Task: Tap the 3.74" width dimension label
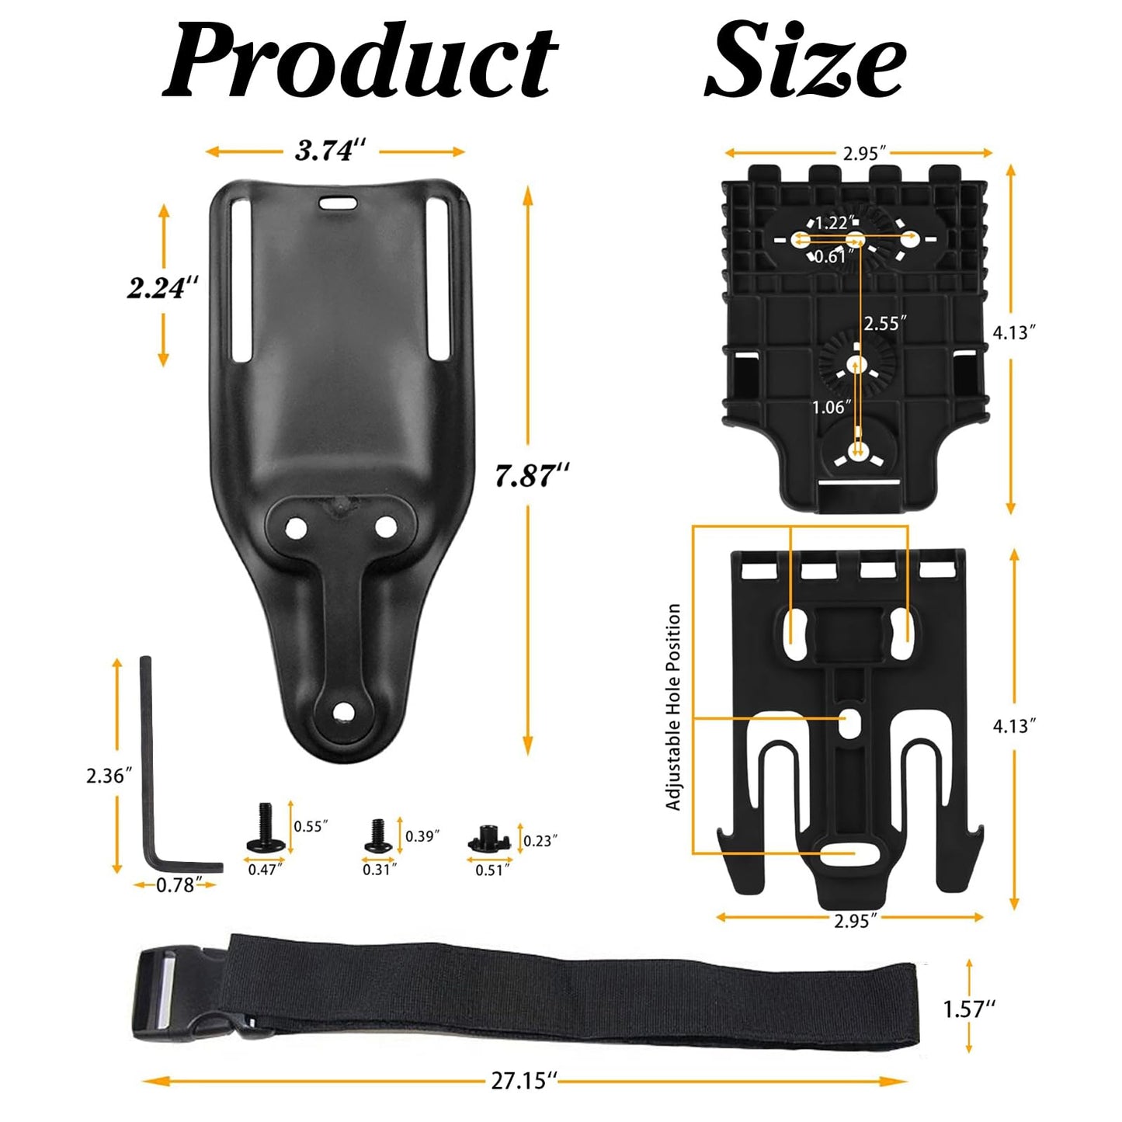click(330, 150)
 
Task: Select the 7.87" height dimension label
click(532, 474)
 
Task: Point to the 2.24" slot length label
click(162, 287)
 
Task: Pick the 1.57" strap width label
click(968, 1009)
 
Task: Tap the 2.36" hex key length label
click(109, 775)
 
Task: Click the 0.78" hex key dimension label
click(175, 885)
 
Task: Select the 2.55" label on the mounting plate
click(884, 323)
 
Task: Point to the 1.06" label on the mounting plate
click(831, 407)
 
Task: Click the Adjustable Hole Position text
click(673, 707)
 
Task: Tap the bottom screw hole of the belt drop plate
click(342, 711)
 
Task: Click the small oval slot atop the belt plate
click(337, 202)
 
